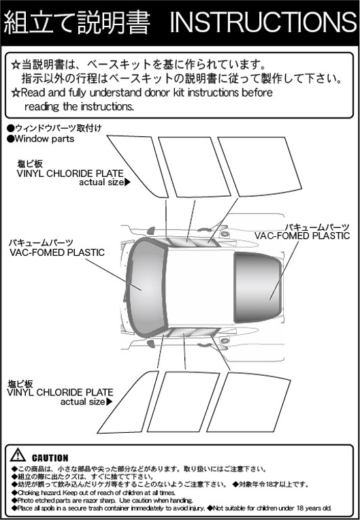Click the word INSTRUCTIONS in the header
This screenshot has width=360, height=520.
pyautogui.click(x=263, y=22)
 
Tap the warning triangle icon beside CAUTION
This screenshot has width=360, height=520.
pyautogui.click(x=18, y=455)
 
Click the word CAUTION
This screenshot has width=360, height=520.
pyautogui.click(x=50, y=458)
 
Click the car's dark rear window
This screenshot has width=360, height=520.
pyautogui.click(x=258, y=287)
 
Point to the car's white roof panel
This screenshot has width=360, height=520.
pyautogui.click(x=200, y=287)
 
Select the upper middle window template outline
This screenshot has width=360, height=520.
pyautogui.click(x=194, y=167)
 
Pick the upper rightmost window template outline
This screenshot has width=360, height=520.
pyautogui.click(x=259, y=167)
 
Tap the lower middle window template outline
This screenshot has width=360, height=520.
pyautogui.click(x=183, y=402)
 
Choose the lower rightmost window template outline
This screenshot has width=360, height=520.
pyautogui.click(x=248, y=402)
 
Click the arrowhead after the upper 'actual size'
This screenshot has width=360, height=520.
pyautogui.click(x=127, y=182)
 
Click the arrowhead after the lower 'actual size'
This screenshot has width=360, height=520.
pyautogui.click(x=109, y=402)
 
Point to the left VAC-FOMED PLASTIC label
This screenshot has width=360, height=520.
pyautogui.click(x=57, y=253)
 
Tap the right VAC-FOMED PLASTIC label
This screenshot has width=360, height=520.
pyautogui.click(x=302, y=235)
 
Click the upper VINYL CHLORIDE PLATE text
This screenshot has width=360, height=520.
pyautogui.click(x=70, y=174)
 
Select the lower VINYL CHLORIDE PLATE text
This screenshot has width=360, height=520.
pyautogui.click(x=60, y=393)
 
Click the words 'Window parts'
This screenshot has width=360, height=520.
pyautogui.click(x=44, y=139)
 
